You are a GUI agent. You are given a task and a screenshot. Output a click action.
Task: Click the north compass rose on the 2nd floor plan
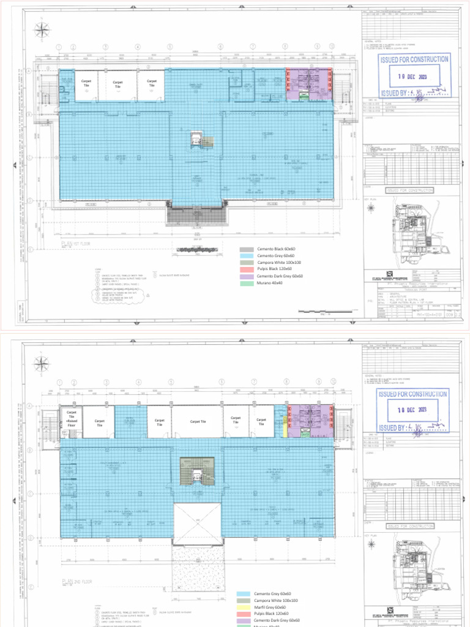click(42, 362)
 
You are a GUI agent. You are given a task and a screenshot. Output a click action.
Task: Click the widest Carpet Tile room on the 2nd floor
click(196, 421)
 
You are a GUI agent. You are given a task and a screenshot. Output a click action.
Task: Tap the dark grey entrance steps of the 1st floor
click(196, 215)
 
